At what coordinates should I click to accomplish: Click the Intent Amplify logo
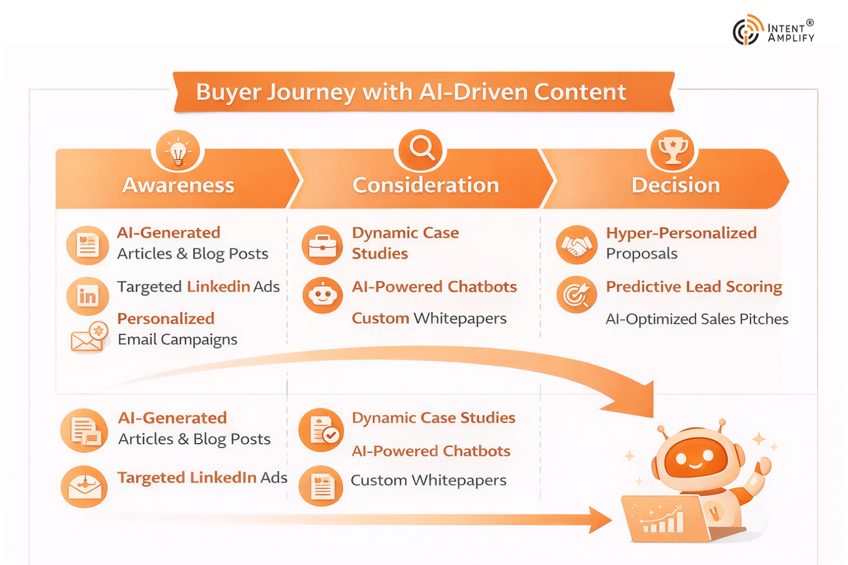point(773,30)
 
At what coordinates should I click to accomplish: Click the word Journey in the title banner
point(311,92)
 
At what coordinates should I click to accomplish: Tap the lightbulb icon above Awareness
point(178,151)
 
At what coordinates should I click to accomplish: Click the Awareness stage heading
point(178,185)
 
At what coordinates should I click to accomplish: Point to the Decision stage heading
point(675,185)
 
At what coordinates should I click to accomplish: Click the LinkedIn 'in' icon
point(87,296)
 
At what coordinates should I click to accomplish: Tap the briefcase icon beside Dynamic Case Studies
point(322,245)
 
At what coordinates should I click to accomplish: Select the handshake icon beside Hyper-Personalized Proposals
point(576,245)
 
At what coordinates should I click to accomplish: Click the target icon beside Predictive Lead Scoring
point(576,295)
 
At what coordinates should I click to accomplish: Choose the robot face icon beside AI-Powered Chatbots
point(322,295)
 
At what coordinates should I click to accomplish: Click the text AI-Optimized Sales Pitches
point(697,319)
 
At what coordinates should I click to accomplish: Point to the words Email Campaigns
point(177,339)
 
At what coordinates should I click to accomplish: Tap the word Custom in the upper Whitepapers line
point(380,318)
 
